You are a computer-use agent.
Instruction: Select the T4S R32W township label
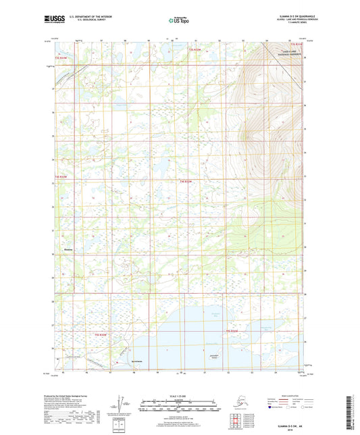coord(186,181)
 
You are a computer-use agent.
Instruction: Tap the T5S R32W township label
coord(231,331)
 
